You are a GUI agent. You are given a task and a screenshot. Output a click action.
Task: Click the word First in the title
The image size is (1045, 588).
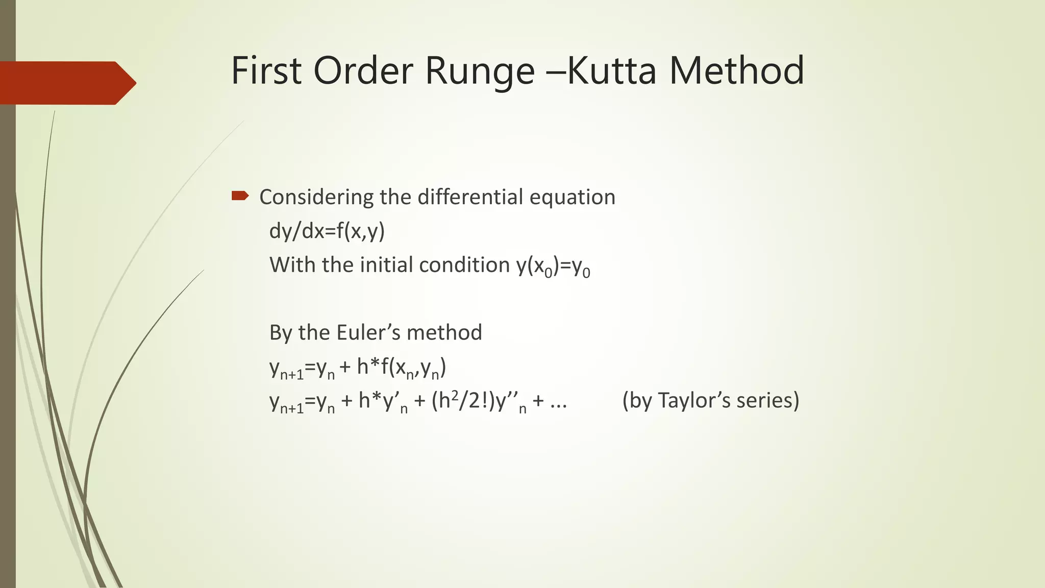(266, 70)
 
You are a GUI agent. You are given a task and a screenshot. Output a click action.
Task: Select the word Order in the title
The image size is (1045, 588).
(363, 70)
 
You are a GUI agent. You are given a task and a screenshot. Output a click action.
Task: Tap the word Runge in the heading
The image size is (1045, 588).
(480, 71)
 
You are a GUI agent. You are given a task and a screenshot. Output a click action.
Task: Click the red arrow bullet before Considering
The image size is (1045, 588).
(240, 195)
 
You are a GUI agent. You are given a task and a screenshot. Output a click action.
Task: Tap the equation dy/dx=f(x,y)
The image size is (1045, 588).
(327, 231)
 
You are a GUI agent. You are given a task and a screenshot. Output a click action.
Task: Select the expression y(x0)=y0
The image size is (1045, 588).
(553, 266)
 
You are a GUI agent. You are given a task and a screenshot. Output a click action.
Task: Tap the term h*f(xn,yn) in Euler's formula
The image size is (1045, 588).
(401, 368)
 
